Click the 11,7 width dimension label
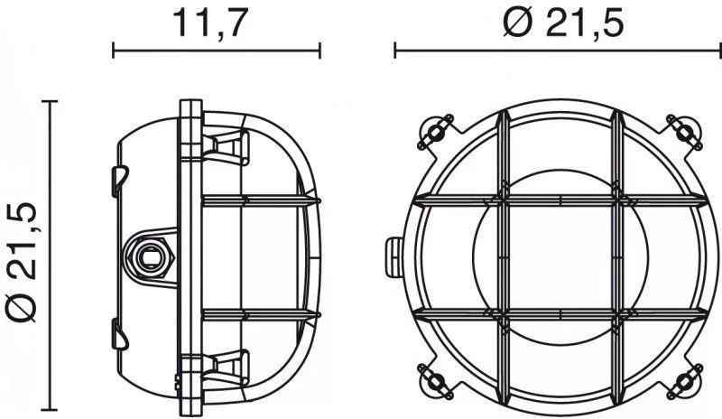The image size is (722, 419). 208,23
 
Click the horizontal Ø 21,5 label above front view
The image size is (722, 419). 563,23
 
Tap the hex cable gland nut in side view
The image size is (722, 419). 150,257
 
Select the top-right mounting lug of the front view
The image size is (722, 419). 685,132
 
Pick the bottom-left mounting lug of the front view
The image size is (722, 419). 435,382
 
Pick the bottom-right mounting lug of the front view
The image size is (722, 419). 685,382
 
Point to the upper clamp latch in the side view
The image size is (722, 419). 227,146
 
